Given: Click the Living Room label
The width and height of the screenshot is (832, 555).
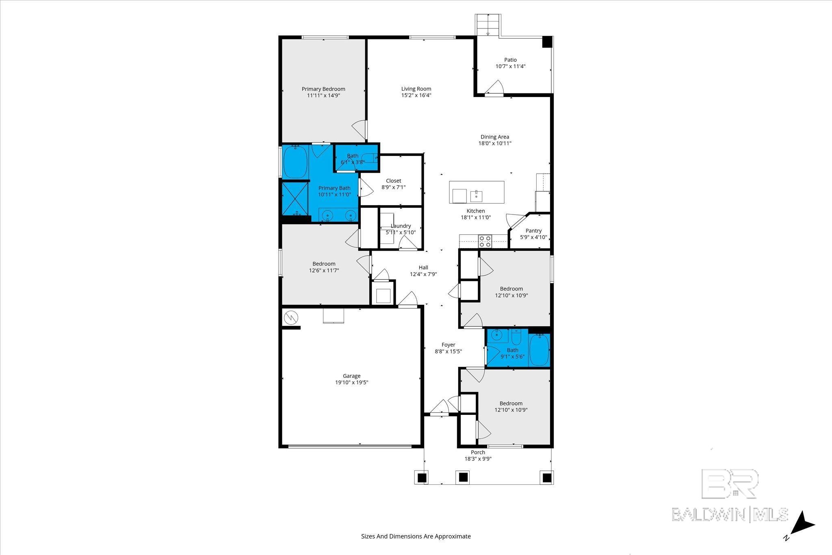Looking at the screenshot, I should point(416,89).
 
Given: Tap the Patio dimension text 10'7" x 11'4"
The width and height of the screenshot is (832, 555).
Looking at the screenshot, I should point(510,66).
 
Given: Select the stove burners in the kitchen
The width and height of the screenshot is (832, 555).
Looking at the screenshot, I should point(485,241).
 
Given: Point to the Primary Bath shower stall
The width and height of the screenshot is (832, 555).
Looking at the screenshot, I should point(295,199).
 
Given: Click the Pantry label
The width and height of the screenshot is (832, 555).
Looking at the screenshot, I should point(533,231).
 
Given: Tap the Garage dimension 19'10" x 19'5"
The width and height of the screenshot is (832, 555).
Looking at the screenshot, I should point(351,382).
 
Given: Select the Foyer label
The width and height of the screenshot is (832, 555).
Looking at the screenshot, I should point(448,345).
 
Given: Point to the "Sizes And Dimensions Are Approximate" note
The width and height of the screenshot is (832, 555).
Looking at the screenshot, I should point(416,536).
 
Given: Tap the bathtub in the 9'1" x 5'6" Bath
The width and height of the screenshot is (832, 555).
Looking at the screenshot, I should point(539,350).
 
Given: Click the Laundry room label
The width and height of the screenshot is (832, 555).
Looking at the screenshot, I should point(401,226).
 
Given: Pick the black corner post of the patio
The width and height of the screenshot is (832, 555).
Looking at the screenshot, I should point(547,42).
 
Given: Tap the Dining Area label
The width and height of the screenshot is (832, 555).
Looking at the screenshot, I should point(494,137).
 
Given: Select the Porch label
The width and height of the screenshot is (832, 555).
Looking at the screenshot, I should point(478,452).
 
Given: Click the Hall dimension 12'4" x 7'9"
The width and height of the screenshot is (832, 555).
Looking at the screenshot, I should point(423,274).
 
